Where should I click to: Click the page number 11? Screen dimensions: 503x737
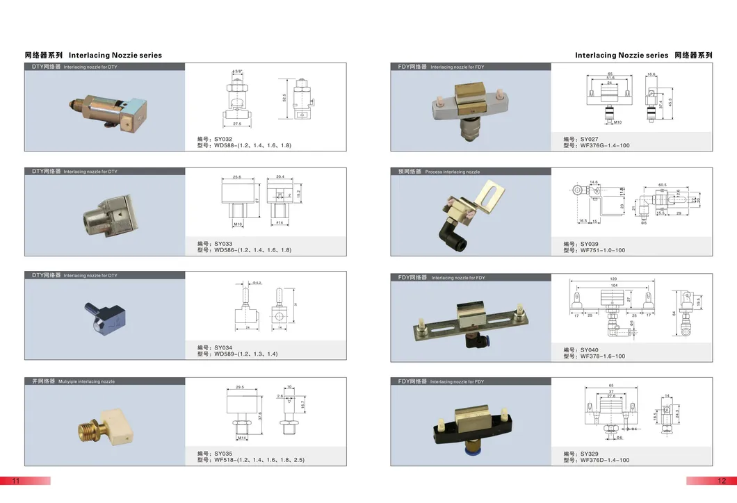[14, 481]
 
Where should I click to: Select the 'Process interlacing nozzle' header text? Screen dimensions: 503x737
[452, 171]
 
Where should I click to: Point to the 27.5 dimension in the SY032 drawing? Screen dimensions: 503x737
[238, 124]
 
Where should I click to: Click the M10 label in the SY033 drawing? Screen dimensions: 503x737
[236, 224]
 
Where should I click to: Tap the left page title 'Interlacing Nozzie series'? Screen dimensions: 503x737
[115, 55]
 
